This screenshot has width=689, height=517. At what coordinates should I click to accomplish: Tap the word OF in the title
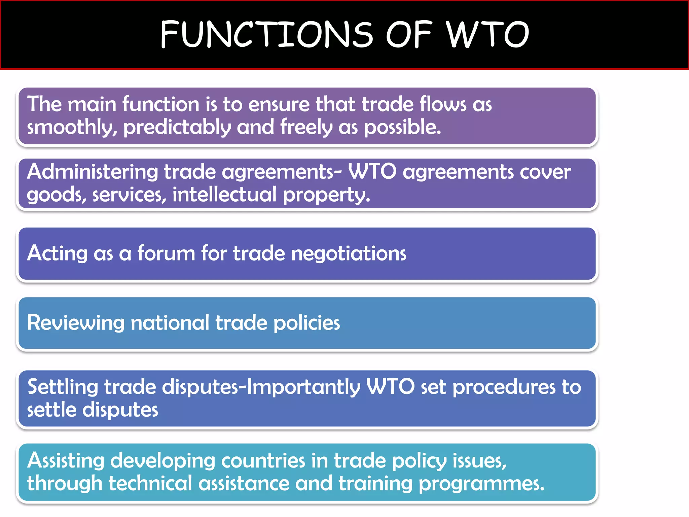(409, 34)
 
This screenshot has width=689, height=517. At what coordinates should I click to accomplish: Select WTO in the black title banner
(488, 34)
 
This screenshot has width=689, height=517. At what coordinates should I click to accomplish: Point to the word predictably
(177, 128)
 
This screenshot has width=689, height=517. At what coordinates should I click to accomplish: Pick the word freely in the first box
(306, 128)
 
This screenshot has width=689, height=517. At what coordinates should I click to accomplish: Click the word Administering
(93, 172)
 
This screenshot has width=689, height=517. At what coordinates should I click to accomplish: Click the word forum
(166, 253)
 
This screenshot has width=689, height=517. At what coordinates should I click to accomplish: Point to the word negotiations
(349, 253)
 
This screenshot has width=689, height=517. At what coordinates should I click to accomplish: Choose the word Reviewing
(76, 323)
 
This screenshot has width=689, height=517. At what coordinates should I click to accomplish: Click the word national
(170, 323)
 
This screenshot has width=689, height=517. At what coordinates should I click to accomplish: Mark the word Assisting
(66, 461)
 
